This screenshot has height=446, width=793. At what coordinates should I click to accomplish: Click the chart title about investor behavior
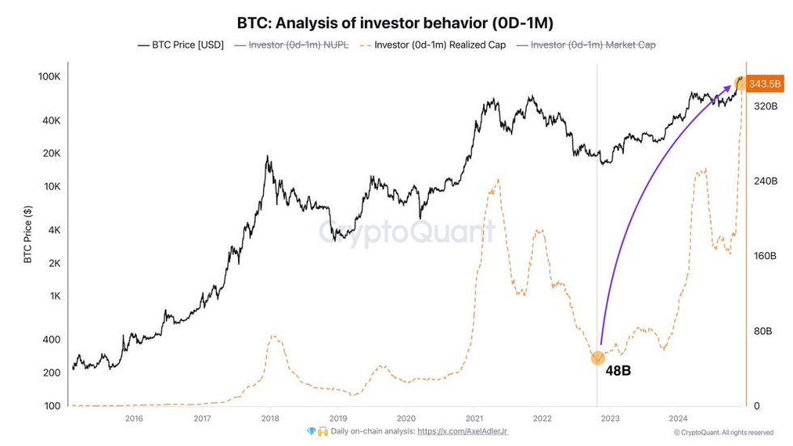click(x=396, y=23)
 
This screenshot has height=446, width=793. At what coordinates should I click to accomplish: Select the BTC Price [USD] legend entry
click(x=182, y=45)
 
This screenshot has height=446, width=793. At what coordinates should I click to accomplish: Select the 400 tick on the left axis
click(x=52, y=340)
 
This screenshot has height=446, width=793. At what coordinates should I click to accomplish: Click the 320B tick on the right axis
click(x=765, y=106)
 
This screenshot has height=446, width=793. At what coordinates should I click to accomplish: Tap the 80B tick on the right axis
click(x=765, y=331)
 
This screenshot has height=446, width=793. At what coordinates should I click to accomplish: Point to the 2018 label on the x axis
click(x=270, y=418)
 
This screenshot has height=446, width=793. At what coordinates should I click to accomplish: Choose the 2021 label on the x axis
click(x=474, y=418)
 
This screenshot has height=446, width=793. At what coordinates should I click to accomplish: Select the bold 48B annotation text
click(x=618, y=371)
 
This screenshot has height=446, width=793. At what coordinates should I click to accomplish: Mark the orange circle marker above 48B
click(x=598, y=358)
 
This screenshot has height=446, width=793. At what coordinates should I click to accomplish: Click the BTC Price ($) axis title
click(x=28, y=235)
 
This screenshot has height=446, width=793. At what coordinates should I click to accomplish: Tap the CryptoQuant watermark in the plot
click(x=405, y=231)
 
